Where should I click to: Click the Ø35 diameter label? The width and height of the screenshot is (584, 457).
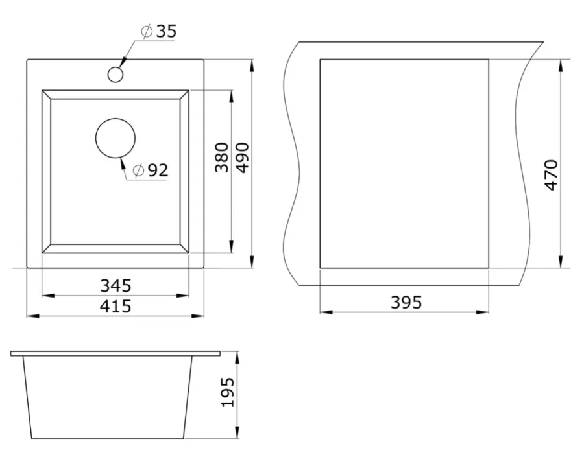159,31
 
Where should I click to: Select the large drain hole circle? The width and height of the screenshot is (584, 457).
116,138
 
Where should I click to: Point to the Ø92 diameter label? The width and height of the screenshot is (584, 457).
151,170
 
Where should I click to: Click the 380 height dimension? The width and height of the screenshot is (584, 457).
222,157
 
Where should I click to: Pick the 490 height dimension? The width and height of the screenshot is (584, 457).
243,158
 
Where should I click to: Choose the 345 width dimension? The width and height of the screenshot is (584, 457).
116,286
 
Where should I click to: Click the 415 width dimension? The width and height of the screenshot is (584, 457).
116,306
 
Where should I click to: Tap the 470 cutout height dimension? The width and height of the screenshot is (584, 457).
551,175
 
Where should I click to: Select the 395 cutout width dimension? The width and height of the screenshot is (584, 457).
406,302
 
